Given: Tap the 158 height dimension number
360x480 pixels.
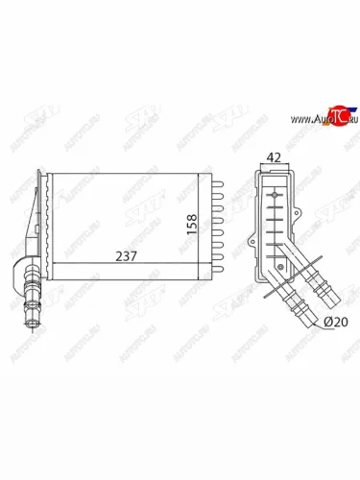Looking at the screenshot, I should tap(192, 223).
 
